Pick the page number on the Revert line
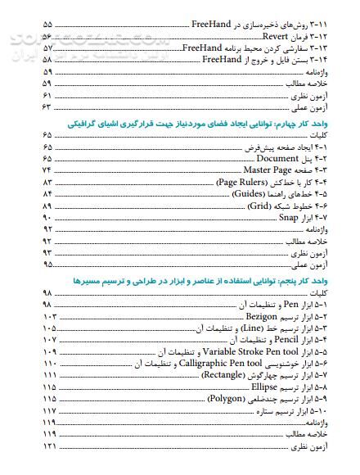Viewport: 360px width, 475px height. (46, 37)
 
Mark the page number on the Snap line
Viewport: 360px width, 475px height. (46, 219)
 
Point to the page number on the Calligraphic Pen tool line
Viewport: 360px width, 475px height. (46, 363)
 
